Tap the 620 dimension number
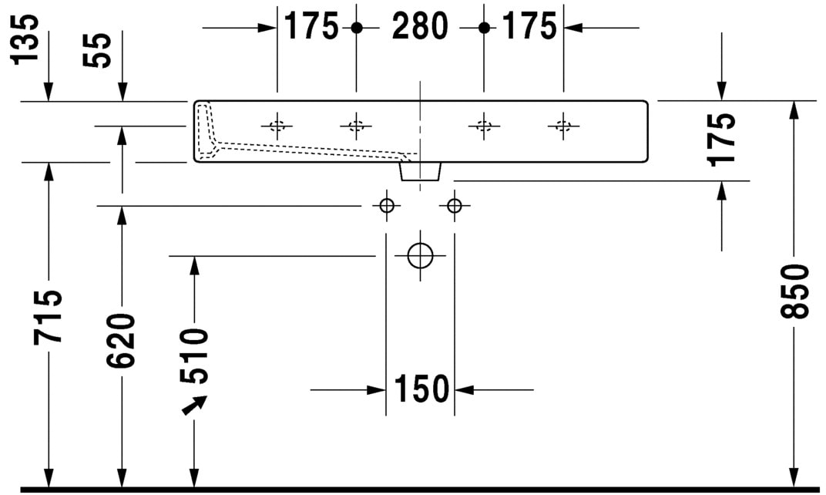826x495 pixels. tap(122, 340)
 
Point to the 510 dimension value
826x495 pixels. tap(194, 355)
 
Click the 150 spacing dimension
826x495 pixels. tap(421, 389)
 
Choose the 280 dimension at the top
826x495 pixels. tap(420, 27)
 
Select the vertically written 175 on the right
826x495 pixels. tap(722, 139)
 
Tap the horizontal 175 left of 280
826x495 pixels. tap(311, 27)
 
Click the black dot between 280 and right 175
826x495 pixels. tap(484, 28)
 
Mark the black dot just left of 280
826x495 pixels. tap(356, 28)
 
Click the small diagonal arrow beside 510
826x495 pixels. tap(194, 405)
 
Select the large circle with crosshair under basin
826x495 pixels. tap(421, 255)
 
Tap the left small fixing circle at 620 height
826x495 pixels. tap(386, 206)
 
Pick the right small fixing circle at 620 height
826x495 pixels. tap(454, 206)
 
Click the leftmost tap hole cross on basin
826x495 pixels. tap(277, 126)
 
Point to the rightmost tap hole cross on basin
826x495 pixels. tap(563, 126)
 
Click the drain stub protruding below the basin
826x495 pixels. tap(421, 171)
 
